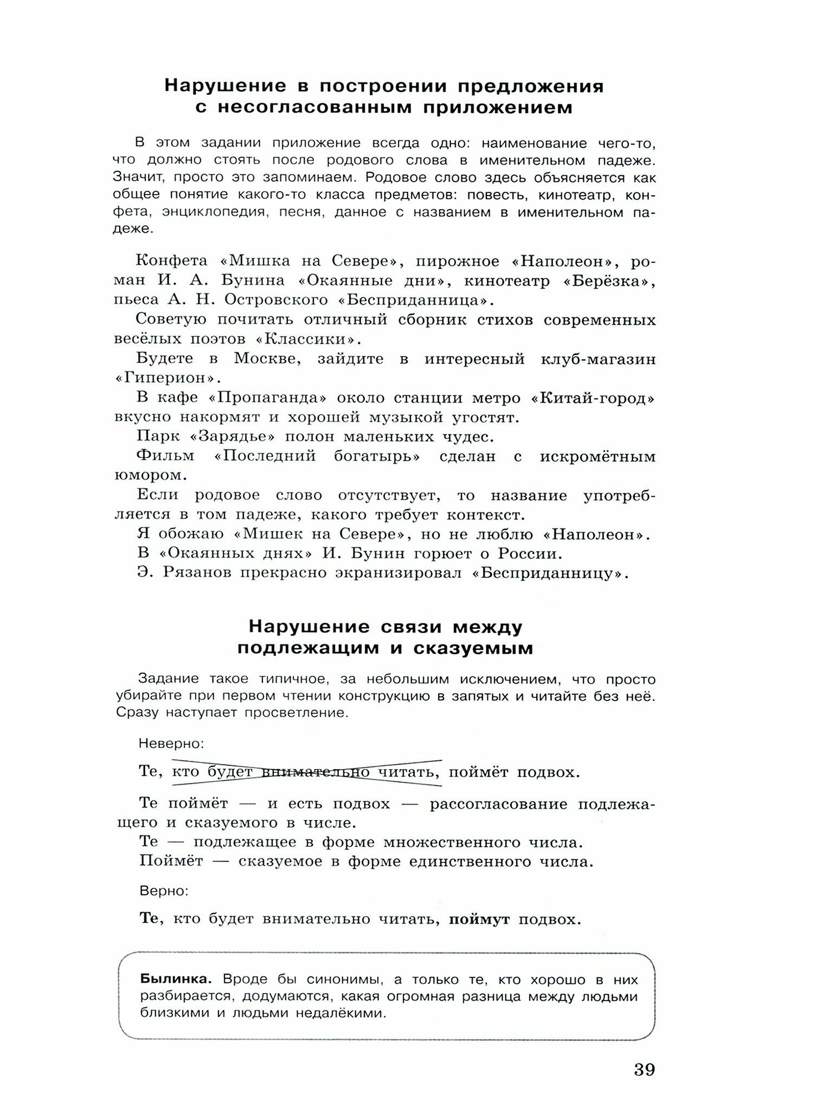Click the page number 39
click(644, 1069)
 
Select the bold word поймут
click(479, 919)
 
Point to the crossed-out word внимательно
click(315, 772)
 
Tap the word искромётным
click(598, 456)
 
